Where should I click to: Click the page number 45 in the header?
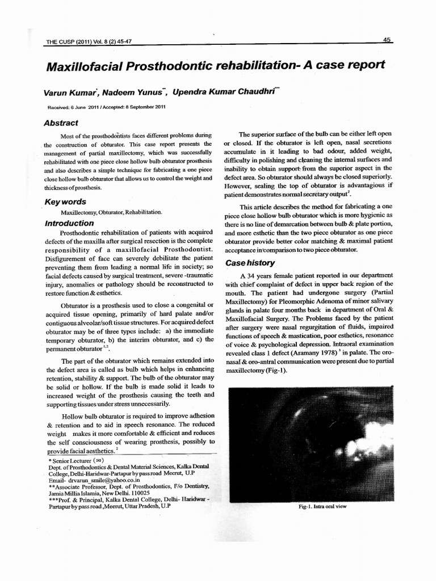tap(387, 40)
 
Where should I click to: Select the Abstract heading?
tap(61, 123)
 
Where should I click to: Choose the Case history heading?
tap(250, 263)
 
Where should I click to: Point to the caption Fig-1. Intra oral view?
tap(322, 507)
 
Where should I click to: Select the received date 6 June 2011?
tap(86, 108)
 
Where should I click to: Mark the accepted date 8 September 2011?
tap(142, 108)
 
